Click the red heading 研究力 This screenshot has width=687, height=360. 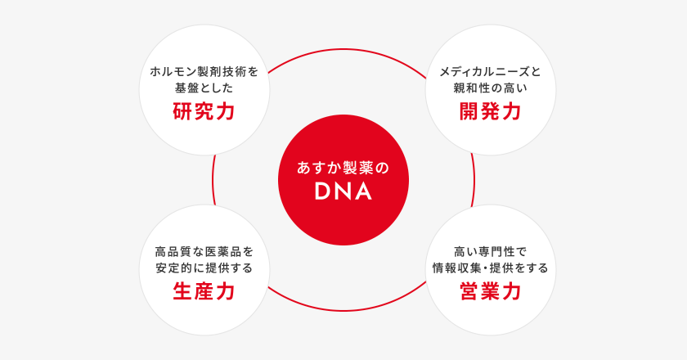click(204, 111)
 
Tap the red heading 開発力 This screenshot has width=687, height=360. click(490, 111)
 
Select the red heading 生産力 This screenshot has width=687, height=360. click(204, 291)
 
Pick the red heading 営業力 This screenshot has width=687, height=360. click(490, 291)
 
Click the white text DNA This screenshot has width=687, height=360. click(343, 191)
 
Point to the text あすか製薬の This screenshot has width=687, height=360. click(343, 168)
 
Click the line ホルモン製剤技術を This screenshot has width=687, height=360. click(204, 71)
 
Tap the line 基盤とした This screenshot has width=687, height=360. click(204, 88)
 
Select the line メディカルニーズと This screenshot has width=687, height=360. click(490, 71)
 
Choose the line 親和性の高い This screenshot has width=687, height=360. click(490, 88)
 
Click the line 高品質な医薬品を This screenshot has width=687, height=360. click(204, 252)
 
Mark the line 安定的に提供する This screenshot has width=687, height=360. click(204, 268)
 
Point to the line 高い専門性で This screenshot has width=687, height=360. click(490, 252)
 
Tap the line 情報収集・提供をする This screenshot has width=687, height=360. click(490, 268)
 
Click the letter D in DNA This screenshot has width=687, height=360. click(323, 191)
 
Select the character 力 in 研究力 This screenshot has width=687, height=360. click(226, 111)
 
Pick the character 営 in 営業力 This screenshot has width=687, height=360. click(469, 291)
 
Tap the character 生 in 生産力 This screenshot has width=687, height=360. click(182, 291)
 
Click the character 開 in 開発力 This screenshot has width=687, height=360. click(469, 111)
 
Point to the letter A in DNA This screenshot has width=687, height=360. click(364, 191)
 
